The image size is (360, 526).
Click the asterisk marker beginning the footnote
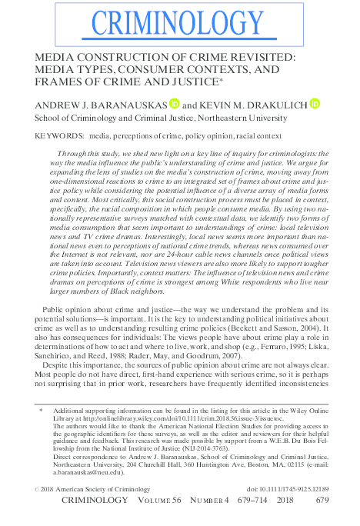[x=40, y=412]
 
